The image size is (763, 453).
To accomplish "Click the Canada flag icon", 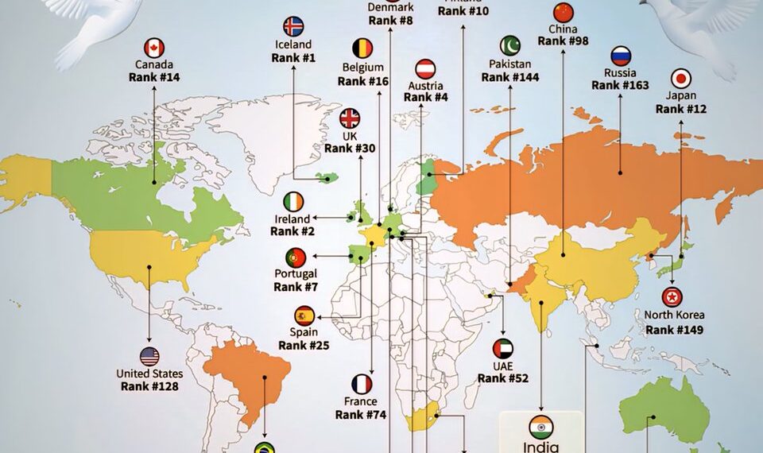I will point(154,48).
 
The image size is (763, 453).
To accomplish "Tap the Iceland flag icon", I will point(293,26).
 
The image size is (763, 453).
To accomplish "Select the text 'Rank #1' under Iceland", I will point(293,58).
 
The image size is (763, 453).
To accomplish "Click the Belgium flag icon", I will point(362,48).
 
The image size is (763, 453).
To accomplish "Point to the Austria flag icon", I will point(425,68).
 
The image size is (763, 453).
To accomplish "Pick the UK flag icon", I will point(350,118).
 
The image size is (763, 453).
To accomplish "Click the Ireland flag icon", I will point(293,202).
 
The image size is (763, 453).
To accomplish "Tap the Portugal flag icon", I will point(296,257).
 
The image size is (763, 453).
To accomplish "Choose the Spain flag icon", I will point(304,315).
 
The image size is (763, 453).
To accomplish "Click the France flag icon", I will point(362,385).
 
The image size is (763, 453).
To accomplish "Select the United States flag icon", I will point(149,357).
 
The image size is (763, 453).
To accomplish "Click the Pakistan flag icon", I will point(509,46).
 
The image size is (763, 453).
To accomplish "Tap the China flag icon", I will point(563,12).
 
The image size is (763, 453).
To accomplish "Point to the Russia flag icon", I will point(621,56).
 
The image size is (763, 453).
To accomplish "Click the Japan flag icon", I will point(681,78).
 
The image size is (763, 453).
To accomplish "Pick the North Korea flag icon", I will point(672,297).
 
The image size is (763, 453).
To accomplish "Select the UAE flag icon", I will point(503,348).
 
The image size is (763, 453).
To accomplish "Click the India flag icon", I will point(540,424).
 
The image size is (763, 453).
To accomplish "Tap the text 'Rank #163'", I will point(620,85).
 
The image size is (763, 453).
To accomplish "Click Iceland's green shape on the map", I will point(325,177).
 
